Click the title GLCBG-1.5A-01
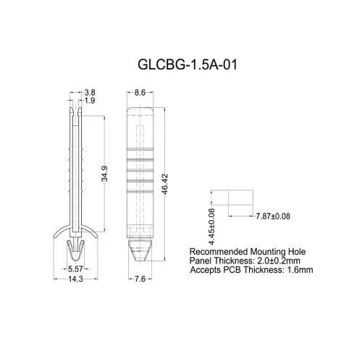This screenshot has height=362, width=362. pos(187,64)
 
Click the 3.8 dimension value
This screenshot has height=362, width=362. pos(90,93)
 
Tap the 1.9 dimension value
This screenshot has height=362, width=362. pos(90,101)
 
